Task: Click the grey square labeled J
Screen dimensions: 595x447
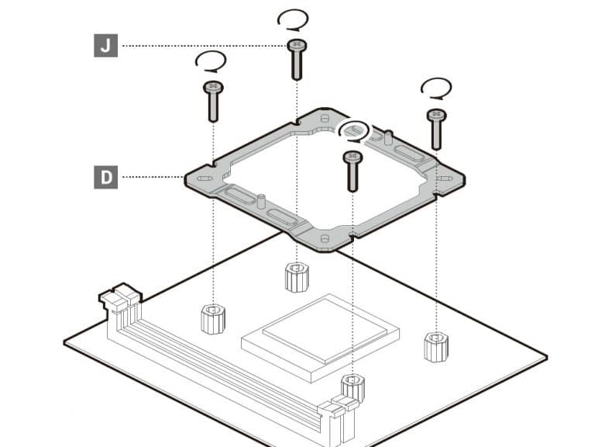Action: tap(106, 46)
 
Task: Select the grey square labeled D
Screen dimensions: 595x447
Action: tap(106, 177)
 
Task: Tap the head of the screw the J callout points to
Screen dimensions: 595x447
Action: tap(297, 45)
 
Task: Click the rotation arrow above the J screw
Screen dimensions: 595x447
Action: tap(293, 20)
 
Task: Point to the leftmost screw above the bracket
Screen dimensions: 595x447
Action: tap(213, 102)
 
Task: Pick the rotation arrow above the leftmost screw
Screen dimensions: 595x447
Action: tap(211, 61)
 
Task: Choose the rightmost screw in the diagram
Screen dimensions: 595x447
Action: tap(436, 130)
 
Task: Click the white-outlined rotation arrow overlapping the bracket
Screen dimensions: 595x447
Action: tap(353, 131)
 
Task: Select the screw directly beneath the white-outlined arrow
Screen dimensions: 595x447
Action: tap(353, 172)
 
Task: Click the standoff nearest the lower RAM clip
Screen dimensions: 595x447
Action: tap(353, 388)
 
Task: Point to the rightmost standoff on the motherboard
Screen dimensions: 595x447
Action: tap(436, 347)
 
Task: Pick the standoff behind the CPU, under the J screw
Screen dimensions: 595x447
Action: tap(297, 277)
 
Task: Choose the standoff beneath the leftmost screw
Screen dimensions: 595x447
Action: tap(213, 319)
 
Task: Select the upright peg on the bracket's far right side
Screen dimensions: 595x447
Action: tap(388, 137)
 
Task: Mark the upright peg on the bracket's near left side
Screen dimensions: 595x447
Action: tap(261, 201)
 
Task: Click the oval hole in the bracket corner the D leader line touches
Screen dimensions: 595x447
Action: tap(205, 178)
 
